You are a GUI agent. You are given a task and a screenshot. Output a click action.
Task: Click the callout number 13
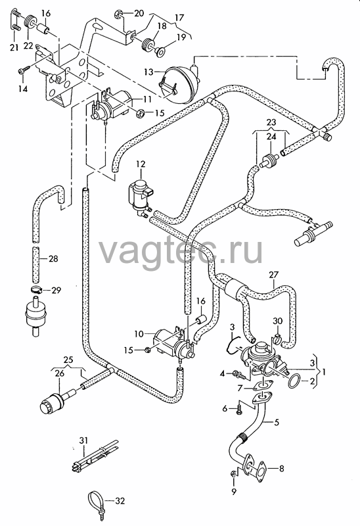tap(149, 72)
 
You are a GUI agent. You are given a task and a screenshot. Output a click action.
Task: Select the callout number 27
tap(273, 275)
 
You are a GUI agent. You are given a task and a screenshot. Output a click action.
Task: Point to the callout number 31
tap(83, 441)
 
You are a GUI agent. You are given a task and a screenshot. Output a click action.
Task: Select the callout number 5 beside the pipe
tap(277, 422)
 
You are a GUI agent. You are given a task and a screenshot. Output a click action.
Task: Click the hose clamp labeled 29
tap(35, 289)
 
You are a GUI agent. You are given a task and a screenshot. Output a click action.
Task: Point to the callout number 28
tap(53, 258)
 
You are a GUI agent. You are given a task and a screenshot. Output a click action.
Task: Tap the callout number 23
tap(271, 122)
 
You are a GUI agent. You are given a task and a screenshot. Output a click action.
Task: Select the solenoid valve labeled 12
tap(141, 195)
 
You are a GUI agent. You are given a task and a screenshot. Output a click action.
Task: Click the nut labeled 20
tap(118, 14)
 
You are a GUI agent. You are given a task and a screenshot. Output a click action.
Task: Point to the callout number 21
tap(14, 47)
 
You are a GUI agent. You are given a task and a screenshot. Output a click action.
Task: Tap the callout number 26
tap(59, 373)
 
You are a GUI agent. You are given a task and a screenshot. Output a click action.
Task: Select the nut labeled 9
tap(233, 473)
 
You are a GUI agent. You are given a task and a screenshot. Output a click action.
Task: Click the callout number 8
tap(281, 468)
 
